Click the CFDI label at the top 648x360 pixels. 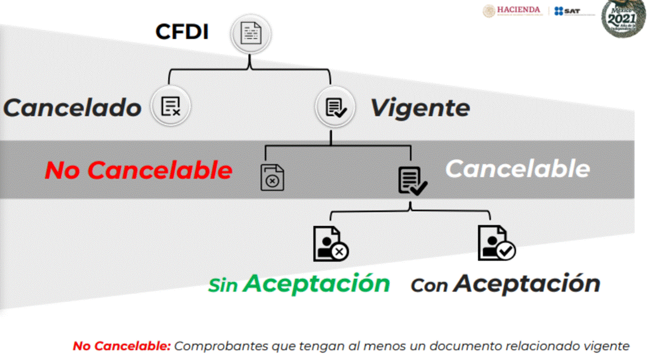[x=182, y=32]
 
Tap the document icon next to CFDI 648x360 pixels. [x=250, y=34]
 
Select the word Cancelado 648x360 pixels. [x=73, y=108]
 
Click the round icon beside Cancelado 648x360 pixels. [x=170, y=106]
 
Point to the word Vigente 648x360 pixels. [x=420, y=108]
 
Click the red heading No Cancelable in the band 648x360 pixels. [x=139, y=170]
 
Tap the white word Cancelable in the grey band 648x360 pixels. [x=517, y=168]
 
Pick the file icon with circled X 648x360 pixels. [x=272, y=178]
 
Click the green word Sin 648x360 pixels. [x=223, y=285]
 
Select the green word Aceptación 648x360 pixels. [x=317, y=284]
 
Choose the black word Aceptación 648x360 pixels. [x=527, y=284]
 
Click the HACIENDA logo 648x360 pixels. [x=512, y=10]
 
